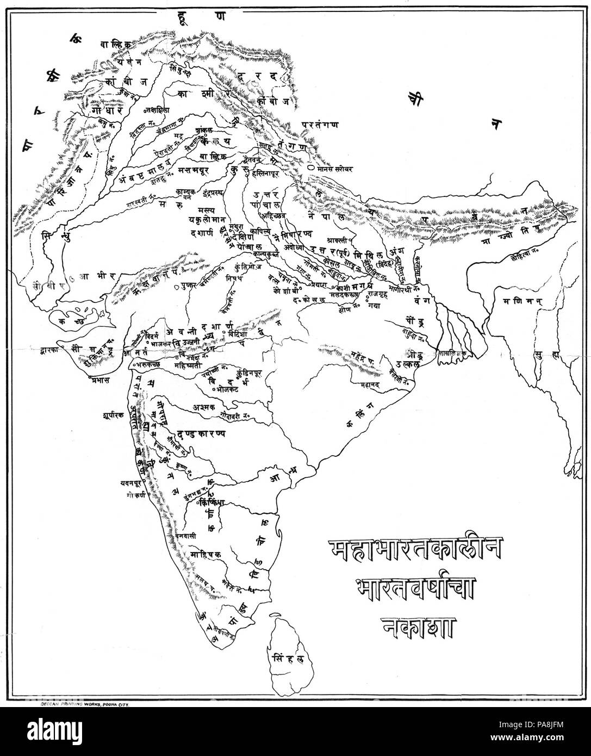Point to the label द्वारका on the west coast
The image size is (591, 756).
click(49, 351)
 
